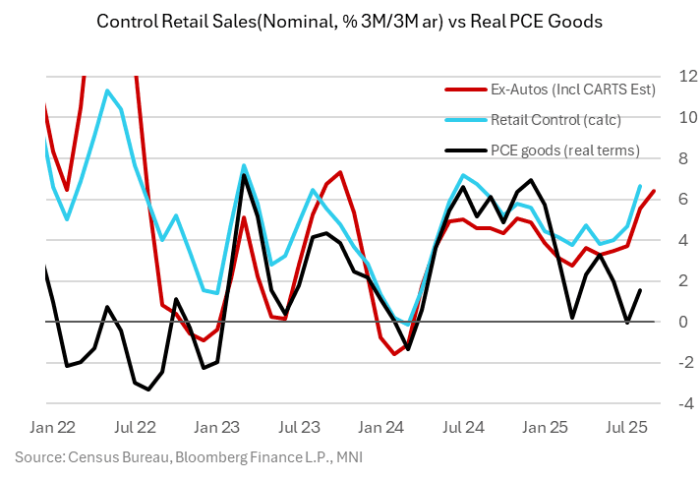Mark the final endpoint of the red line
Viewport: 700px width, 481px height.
[655, 191]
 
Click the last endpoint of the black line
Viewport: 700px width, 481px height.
[640, 290]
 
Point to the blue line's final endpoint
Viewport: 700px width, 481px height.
[640, 186]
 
